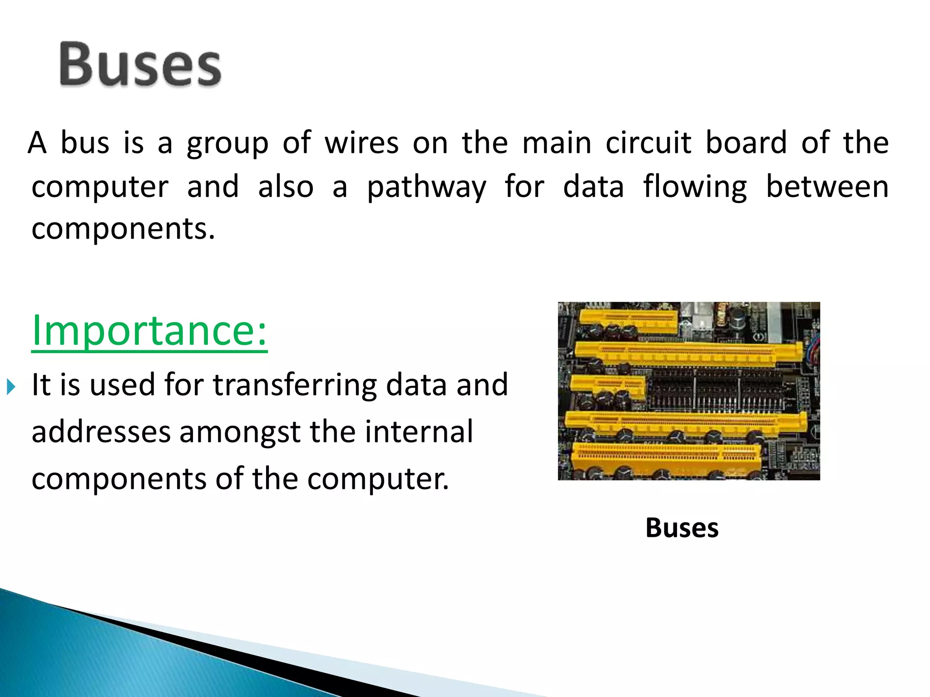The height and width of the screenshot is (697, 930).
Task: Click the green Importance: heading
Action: click(x=149, y=331)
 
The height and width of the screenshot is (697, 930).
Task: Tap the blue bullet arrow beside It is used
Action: click(x=11, y=387)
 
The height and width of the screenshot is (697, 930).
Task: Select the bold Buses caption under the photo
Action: click(x=682, y=528)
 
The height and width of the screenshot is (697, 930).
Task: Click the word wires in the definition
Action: click(x=361, y=143)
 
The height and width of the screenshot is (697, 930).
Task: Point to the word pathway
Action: click(x=426, y=187)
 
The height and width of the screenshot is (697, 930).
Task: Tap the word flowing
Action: click(x=695, y=187)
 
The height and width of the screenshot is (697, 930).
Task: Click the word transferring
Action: click(x=295, y=385)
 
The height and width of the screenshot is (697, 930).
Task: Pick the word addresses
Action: click(x=101, y=432)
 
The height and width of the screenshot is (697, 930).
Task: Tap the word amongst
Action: click(x=240, y=432)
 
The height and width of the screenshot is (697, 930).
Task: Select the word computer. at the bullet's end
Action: click(x=378, y=479)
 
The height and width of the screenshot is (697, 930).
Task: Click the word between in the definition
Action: click(x=827, y=187)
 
